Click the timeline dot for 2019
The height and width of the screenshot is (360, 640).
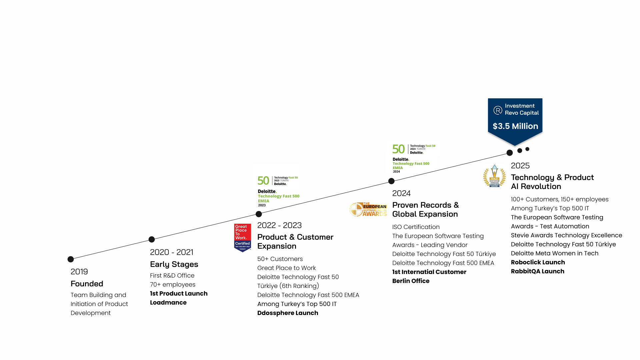pyautogui.click(x=71, y=259)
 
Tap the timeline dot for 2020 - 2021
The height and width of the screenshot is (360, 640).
pyautogui.click(x=152, y=239)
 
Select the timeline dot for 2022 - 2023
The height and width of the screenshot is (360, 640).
pyautogui.click(x=259, y=214)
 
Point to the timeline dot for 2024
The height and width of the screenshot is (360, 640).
pyautogui.click(x=391, y=181)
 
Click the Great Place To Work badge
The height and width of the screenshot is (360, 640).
pyautogui.click(x=242, y=238)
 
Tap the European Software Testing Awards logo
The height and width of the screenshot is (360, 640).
pyautogui.click(x=368, y=210)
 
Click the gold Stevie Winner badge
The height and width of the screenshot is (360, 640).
pyautogui.click(x=494, y=176)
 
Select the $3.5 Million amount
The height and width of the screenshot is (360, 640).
pyautogui.click(x=515, y=126)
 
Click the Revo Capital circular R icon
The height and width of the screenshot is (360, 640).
pyautogui.click(x=498, y=110)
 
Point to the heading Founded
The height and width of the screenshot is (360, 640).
pyautogui.click(x=87, y=284)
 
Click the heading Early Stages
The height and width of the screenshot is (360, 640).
pyautogui.click(x=174, y=264)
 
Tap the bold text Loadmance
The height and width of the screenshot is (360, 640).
pyautogui.click(x=168, y=303)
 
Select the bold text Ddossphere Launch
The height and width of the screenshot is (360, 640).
pyautogui.click(x=288, y=313)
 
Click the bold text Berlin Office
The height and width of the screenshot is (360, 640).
pyautogui.click(x=411, y=281)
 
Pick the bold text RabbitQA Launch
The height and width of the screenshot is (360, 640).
pyautogui.click(x=537, y=271)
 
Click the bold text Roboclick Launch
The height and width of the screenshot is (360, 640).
pyautogui.click(x=538, y=262)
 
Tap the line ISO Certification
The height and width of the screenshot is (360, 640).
pyautogui.click(x=416, y=227)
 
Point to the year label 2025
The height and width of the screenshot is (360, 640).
pyautogui.click(x=520, y=166)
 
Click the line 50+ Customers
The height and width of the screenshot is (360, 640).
pyautogui.click(x=280, y=259)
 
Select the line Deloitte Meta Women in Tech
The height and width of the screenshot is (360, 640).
pyautogui.click(x=554, y=253)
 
